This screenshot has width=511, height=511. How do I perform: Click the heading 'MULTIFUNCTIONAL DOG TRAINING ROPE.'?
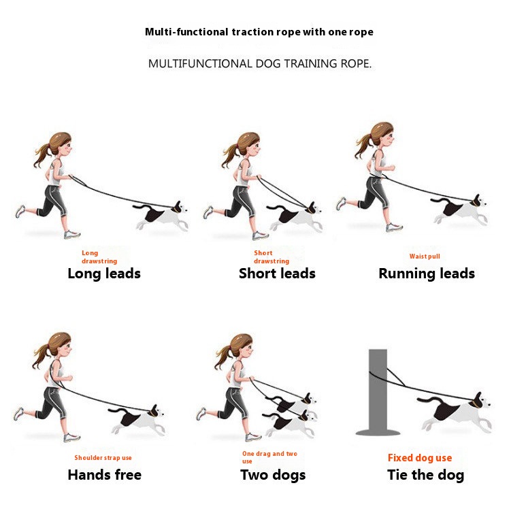coord(260,63)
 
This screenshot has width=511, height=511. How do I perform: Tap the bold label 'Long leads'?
coord(104,274)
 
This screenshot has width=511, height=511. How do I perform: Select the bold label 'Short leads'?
coord(277,274)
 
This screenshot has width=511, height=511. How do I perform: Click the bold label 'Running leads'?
coord(427,274)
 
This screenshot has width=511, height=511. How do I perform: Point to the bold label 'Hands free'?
coord(105,475)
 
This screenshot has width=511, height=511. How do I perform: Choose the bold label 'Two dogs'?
coord(273,475)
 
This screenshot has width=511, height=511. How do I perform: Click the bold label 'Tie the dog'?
coord(426,475)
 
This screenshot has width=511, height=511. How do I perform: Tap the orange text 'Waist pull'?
coord(425,257)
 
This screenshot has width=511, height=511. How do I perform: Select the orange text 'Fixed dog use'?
coord(420,458)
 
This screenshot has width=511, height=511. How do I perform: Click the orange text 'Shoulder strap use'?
coord(103,458)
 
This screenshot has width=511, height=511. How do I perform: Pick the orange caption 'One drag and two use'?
coord(269,457)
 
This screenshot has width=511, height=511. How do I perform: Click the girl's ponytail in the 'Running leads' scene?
coord(363,147)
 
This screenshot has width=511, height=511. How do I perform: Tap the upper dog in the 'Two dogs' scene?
coord(293,403)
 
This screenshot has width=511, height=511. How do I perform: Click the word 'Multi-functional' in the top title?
coord(186,32)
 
